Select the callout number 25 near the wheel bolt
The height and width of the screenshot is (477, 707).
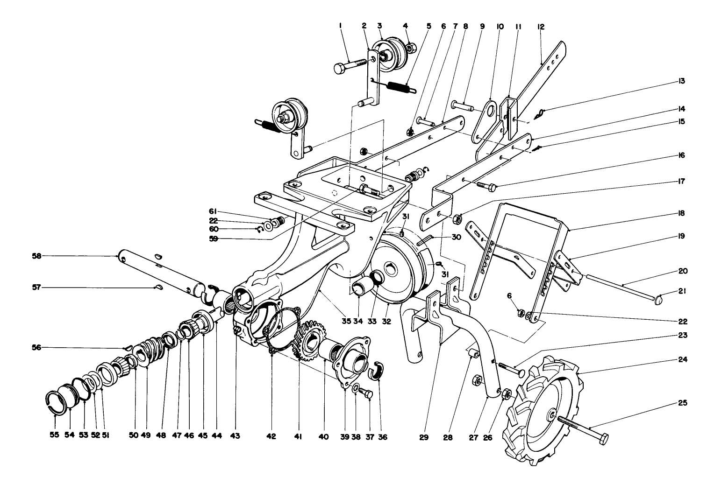pos(681,402)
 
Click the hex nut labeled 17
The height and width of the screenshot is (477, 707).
pos(459,218)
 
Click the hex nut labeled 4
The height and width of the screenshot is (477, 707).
pos(411,48)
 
